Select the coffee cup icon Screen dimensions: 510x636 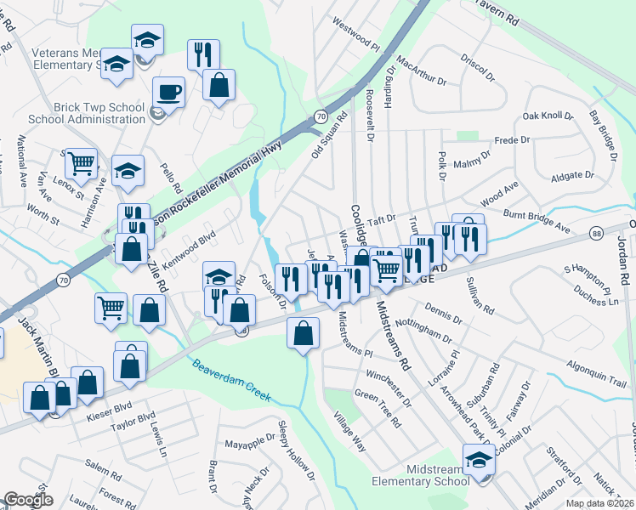[x=168, y=93]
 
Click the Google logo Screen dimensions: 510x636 [x=28, y=500]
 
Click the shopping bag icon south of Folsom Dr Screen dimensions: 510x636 [x=304, y=333]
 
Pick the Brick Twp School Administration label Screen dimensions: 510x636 [x=87, y=113]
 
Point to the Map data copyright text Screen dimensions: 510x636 [x=600, y=503]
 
